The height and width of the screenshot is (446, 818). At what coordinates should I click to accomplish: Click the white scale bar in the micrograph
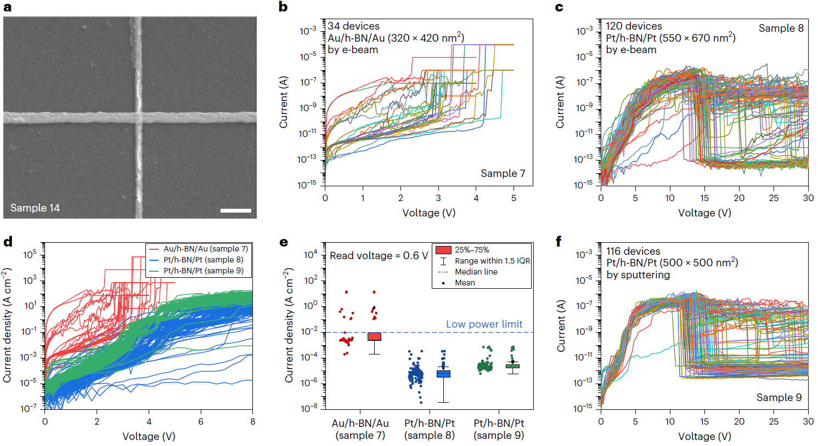(236, 210)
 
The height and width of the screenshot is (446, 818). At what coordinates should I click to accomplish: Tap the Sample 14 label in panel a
(35, 208)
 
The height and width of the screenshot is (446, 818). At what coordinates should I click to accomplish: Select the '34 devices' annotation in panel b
(353, 26)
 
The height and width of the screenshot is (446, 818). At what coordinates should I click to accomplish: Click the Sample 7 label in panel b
(503, 174)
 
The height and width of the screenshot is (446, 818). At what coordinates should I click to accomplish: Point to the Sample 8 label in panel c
(781, 28)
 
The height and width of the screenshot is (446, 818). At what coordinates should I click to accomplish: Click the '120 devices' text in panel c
(634, 26)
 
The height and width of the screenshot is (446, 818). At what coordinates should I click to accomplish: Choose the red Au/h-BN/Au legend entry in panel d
(197, 249)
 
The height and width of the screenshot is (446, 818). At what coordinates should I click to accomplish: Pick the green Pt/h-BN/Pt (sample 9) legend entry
(197, 271)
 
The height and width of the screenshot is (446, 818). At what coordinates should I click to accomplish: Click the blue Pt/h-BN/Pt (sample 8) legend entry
(197, 260)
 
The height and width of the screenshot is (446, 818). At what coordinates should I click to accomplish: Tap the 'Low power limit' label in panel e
(484, 324)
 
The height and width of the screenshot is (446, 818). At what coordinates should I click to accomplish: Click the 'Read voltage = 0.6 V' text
(379, 256)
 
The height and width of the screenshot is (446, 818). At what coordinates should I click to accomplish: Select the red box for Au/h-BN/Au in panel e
(374, 336)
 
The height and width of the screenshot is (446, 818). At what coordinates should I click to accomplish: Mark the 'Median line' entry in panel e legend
(476, 272)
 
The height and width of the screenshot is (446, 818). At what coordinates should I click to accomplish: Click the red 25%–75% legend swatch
(443, 250)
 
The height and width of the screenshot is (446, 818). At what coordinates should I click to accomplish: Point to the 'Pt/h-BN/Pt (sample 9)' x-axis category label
(499, 429)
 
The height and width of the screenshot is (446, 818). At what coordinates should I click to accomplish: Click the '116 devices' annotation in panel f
(633, 251)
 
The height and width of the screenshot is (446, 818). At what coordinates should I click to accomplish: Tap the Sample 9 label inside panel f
(778, 398)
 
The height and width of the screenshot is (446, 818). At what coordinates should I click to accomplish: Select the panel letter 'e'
(284, 242)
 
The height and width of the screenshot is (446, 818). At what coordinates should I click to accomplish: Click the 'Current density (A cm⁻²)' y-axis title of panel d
(7, 325)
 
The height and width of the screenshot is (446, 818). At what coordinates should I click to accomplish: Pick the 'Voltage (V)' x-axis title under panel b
(428, 213)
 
